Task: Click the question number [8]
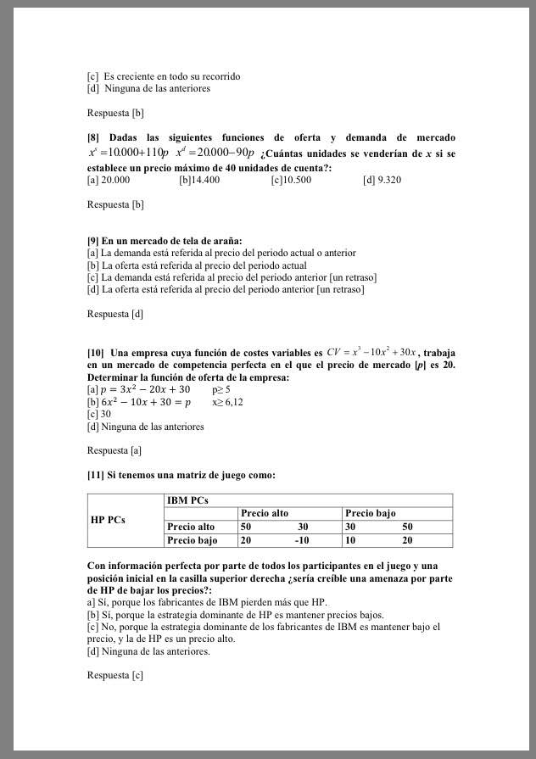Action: pos(93,137)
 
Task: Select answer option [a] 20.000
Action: pos(109,180)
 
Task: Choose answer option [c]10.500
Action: pos(291,180)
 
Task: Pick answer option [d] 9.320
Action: pos(382,180)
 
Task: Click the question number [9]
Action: pos(93,241)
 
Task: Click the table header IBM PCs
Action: pos(187,500)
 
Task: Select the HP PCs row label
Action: pos(108,519)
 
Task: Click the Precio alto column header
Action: pos(265,513)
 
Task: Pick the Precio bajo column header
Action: pos(371,513)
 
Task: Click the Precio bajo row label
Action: pos(193,539)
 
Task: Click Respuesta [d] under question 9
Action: pos(115,314)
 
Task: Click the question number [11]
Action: pos(96,475)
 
